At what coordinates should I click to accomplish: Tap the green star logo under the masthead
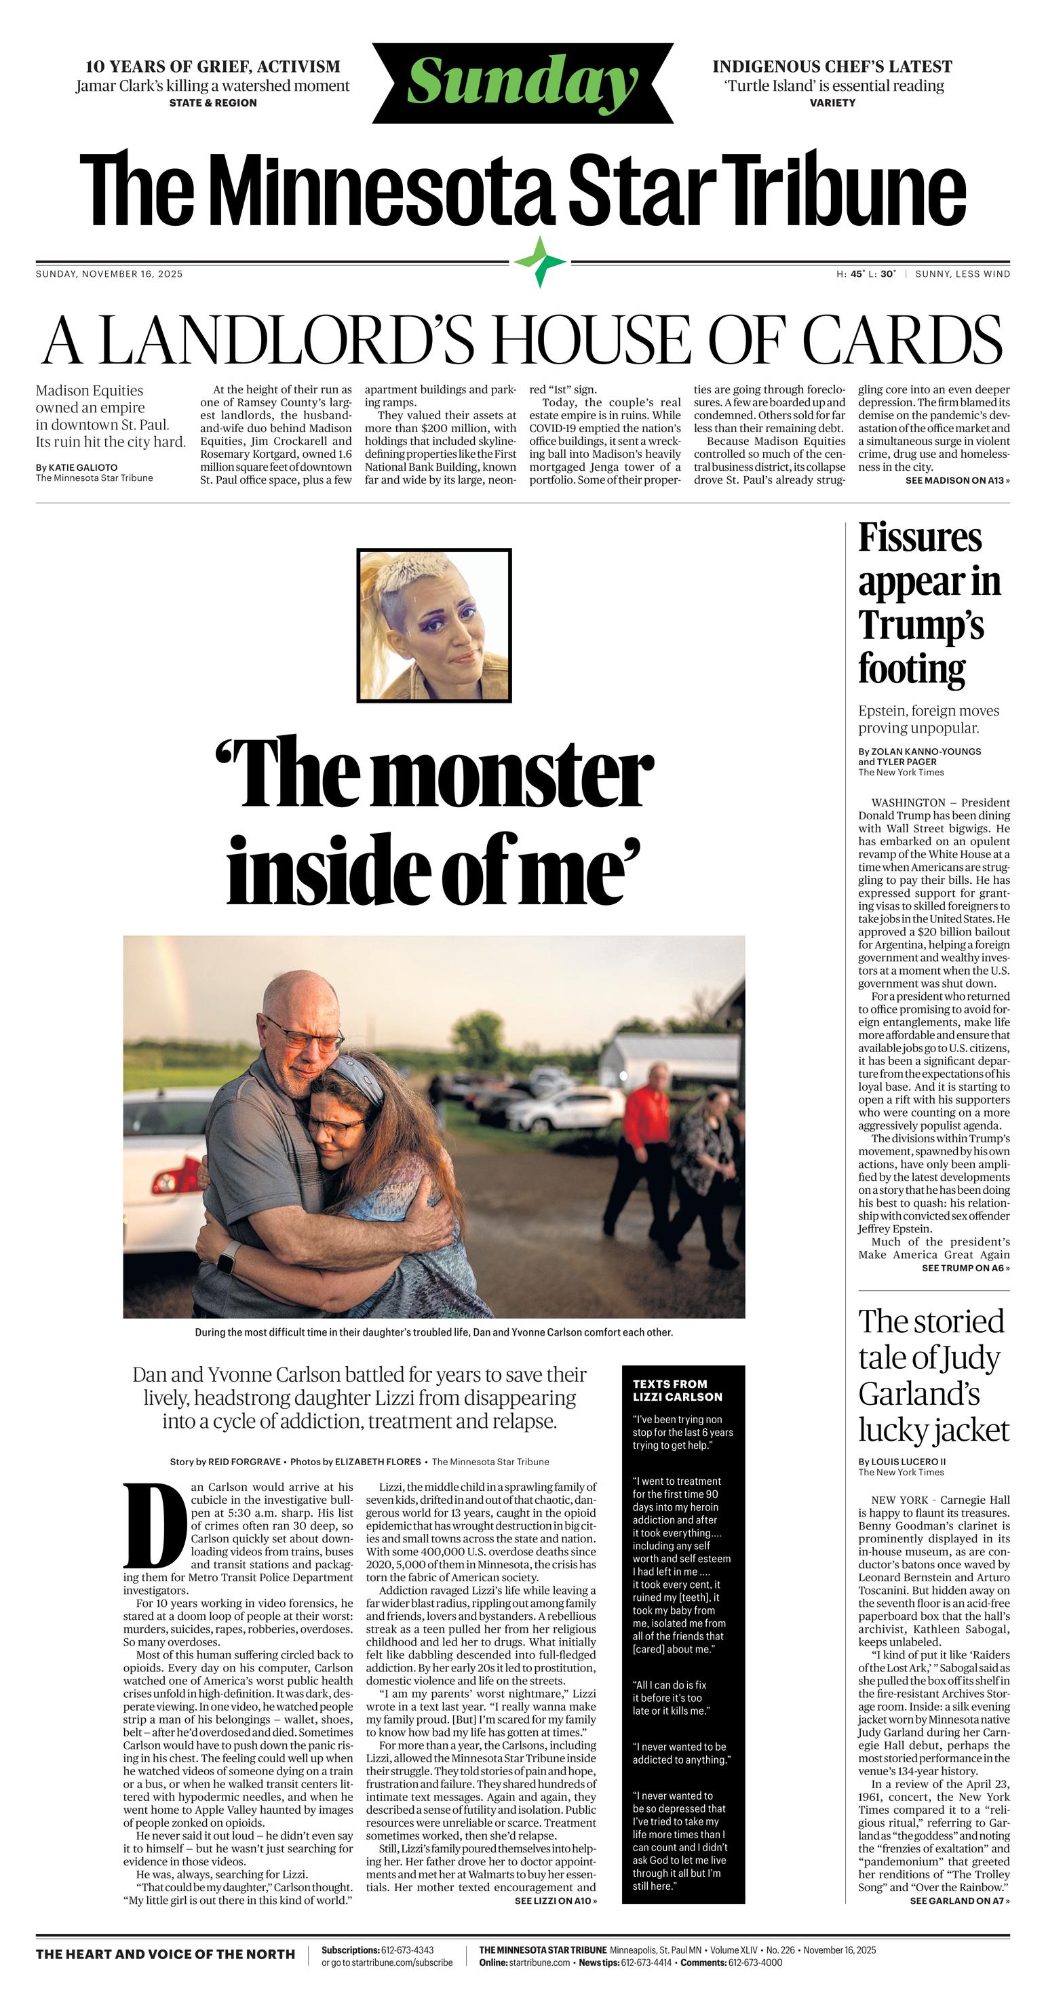[x=541, y=262]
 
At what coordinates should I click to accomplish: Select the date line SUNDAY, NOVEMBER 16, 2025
[x=109, y=274]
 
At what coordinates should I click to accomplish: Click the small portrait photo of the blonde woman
[x=433, y=625]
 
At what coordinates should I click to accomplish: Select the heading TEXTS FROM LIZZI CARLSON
[x=676, y=1390]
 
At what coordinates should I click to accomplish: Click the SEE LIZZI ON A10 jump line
[x=556, y=1901]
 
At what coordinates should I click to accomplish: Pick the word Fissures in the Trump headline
[x=920, y=538]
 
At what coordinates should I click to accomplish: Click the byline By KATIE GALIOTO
[x=77, y=468]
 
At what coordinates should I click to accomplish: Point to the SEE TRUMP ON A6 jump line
[x=965, y=1268]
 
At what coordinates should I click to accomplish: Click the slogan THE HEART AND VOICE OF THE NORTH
[x=166, y=1954]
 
